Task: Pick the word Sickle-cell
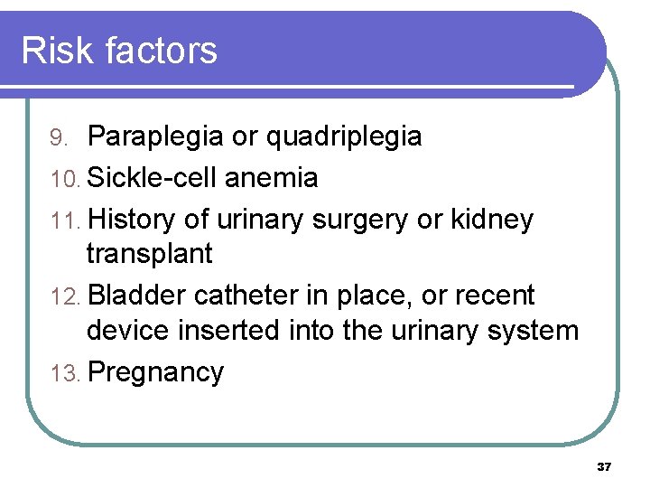pos(153,178)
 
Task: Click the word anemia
pos(271,178)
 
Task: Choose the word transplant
pos(149,254)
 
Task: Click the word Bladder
pos(136,296)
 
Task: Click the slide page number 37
pos(604,467)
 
